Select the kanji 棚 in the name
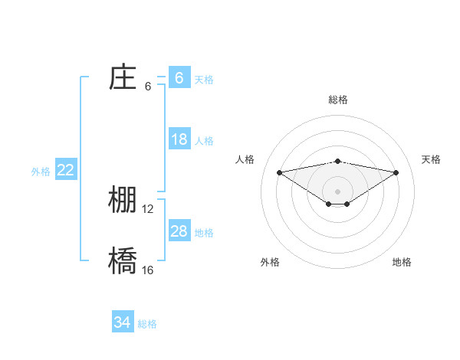(123, 200)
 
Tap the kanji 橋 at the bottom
(123, 261)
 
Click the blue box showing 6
(179, 78)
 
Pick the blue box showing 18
(179, 139)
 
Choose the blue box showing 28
(179, 231)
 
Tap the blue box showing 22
(66, 170)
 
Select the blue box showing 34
(123, 322)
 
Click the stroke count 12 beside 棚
(148, 208)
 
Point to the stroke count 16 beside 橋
(148, 270)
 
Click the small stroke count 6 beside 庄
(148, 86)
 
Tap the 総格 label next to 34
(147, 324)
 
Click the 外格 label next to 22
(41, 172)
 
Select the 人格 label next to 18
(204, 141)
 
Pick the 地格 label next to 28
(204, 233)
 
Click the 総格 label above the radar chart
(338, 100)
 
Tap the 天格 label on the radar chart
(431, 159)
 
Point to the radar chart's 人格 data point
(279, 172)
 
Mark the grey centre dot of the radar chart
(337, 191)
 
